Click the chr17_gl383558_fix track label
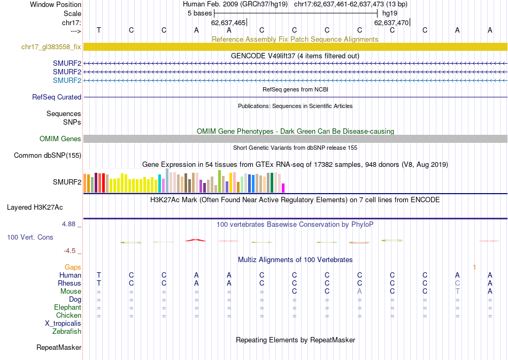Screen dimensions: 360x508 tap(51, 47)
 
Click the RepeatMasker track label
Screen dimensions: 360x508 tap(59, 348)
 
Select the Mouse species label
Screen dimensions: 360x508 tap(71, 292)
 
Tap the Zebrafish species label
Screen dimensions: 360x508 tap(67, 332)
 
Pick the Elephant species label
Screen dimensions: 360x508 tap(68, 308)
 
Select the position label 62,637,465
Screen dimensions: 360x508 tap(228, 23)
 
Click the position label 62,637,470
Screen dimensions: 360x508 tap(391, 23)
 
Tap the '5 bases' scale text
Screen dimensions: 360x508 tap(199, 13)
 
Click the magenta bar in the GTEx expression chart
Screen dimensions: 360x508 tap(283, 188)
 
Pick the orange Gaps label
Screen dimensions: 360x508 tap(73, 267)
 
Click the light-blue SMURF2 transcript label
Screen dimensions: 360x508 tap(67, 81)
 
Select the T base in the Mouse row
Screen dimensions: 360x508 tap(457, 292)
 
